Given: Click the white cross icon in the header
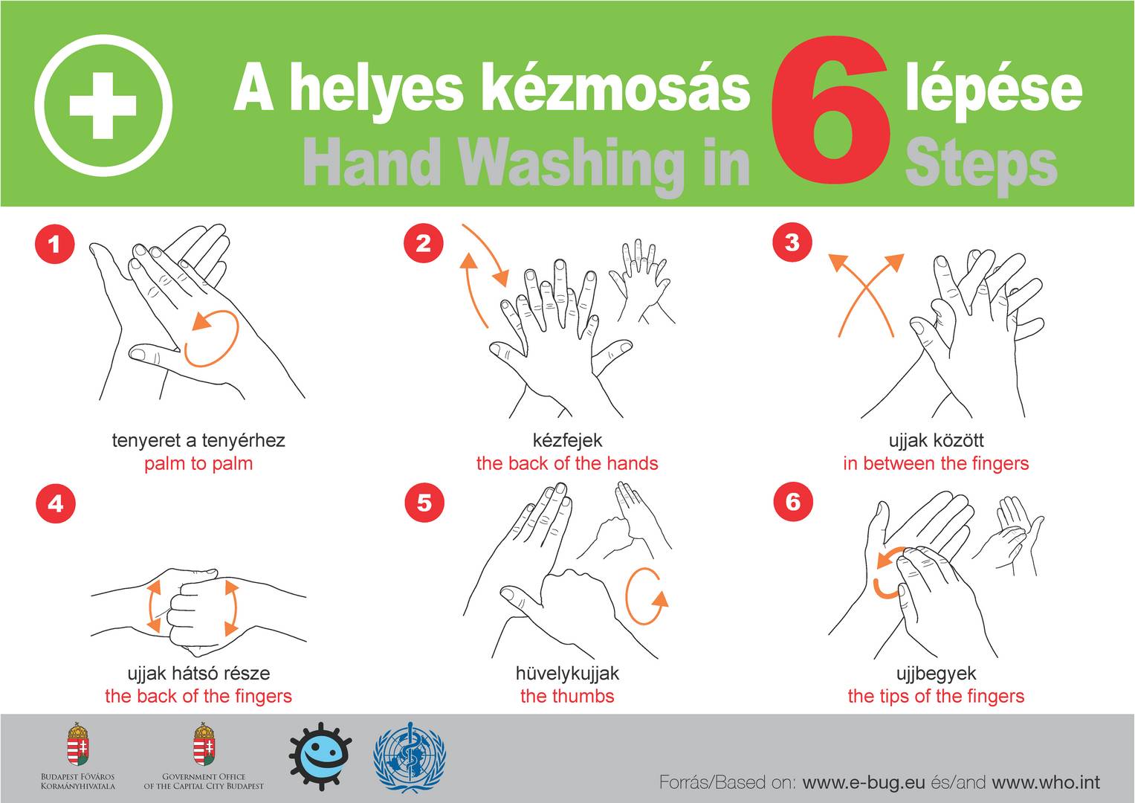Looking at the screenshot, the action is [x=103, y=106].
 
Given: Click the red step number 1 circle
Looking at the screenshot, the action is [x=55, y=244].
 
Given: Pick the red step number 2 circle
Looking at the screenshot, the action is [x=424, y=243].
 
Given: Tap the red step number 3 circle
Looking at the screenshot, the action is [x=792, y=242].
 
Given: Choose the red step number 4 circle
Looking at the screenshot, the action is [x=56, y=503].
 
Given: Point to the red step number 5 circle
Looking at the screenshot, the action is [x=424, y=503].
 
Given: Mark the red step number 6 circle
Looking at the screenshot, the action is [x=794, y=502].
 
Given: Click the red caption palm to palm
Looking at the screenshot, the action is [x=198, y=463].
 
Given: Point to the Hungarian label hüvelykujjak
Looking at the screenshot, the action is [x=567, y=673].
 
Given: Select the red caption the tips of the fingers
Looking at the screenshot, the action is [x=936, y=696].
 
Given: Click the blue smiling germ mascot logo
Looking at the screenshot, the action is [x=320, y=757].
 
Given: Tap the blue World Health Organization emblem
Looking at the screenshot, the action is [x=410, y=758].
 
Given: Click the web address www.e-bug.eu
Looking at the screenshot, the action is [x=864, y=782].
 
